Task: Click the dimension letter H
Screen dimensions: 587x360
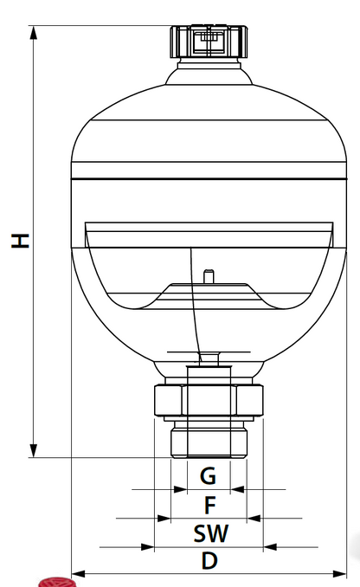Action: pyautogui.click(x=19, y=240)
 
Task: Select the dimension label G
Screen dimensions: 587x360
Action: pyautogui.click(x=208, y=475)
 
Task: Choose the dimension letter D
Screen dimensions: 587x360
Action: pyautogui.click(x=209, y=560)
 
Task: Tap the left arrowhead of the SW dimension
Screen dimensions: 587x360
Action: pyautogui.click(x=147, y=546)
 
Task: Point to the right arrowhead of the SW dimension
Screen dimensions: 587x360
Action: pyautogui.click(x=270, y=546)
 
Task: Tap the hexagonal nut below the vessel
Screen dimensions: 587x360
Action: pyautogui.click(x=208, y=400)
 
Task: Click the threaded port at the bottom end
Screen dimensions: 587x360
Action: pyautogui.click(x=208, y=440)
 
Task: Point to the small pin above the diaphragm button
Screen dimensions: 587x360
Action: pyautogui.click(x=208, y=276)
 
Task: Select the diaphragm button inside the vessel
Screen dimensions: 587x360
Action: pyautogui.click(x=208, y=290)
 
